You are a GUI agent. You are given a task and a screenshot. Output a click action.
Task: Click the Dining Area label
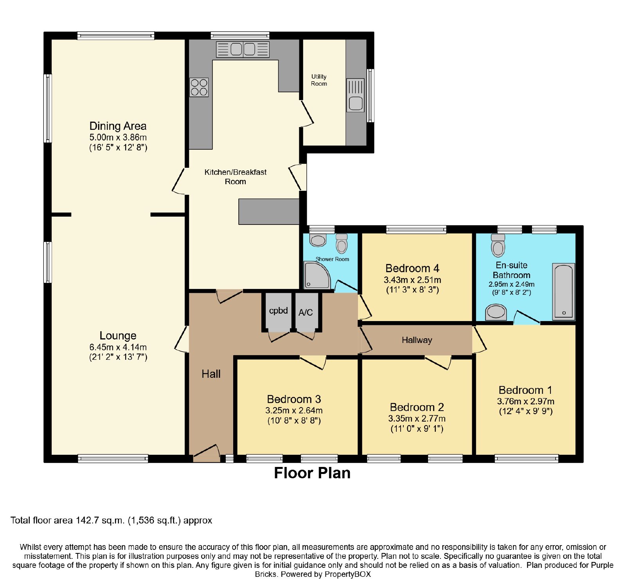(118, 126)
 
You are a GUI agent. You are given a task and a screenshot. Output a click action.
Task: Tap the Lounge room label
(118, 336)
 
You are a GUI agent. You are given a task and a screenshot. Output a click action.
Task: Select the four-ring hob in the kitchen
(199, 87)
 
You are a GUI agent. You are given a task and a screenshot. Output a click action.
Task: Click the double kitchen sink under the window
(243, 49)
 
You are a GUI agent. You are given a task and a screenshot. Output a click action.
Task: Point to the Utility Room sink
(355, 95)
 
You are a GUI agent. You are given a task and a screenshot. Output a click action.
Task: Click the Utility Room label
(319, 80)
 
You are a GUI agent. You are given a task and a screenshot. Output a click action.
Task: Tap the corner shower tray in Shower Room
(317, 276)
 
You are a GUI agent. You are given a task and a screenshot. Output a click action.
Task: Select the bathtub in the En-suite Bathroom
(563, 291)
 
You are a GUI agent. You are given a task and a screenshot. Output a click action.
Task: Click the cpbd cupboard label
(279, 311)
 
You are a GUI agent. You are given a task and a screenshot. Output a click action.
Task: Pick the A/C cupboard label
(306, 312)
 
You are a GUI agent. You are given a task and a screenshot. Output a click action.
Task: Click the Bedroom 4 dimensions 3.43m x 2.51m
(412, 280)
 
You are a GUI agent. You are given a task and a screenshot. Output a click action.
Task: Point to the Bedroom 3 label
(294, 399)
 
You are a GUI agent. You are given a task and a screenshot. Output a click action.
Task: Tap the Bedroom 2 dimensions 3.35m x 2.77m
(417, 418)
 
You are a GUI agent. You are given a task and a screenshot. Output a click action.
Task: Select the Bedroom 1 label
(525, 390)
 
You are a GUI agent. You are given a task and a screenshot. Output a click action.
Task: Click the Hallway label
(417, 340)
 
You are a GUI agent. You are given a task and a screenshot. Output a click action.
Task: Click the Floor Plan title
(312, 473)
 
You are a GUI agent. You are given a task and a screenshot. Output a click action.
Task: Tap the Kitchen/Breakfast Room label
(236, 177)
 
